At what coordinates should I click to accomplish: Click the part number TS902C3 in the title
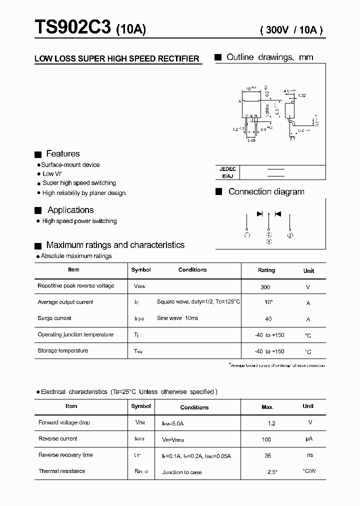point(73,28)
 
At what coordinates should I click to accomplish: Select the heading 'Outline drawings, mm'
point(269,57)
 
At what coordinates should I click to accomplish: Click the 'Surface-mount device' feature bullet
point(70,164)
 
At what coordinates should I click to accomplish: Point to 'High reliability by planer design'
point(83,193)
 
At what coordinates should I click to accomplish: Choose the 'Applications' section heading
point(70,210)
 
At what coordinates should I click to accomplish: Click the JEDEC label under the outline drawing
point(227,169)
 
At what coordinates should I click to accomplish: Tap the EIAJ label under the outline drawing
point(227,176)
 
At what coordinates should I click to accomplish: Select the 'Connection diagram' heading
point(266,191)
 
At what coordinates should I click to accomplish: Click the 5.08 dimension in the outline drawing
point(251,140)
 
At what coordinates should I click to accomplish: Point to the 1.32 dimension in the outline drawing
point(301,95)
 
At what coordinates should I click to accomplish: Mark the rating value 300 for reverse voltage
point(265,287)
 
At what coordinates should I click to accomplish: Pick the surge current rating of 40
point(268,318)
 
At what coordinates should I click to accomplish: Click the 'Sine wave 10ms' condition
point(177,318)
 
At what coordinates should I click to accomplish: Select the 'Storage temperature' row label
point(63,350)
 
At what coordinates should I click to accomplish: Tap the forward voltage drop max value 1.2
point(271,423)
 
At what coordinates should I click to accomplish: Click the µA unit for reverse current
point(309,439)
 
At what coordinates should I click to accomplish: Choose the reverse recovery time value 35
point(268,455)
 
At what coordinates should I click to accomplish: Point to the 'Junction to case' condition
point(182,472)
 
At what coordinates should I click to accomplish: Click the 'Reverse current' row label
point(58,438)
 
